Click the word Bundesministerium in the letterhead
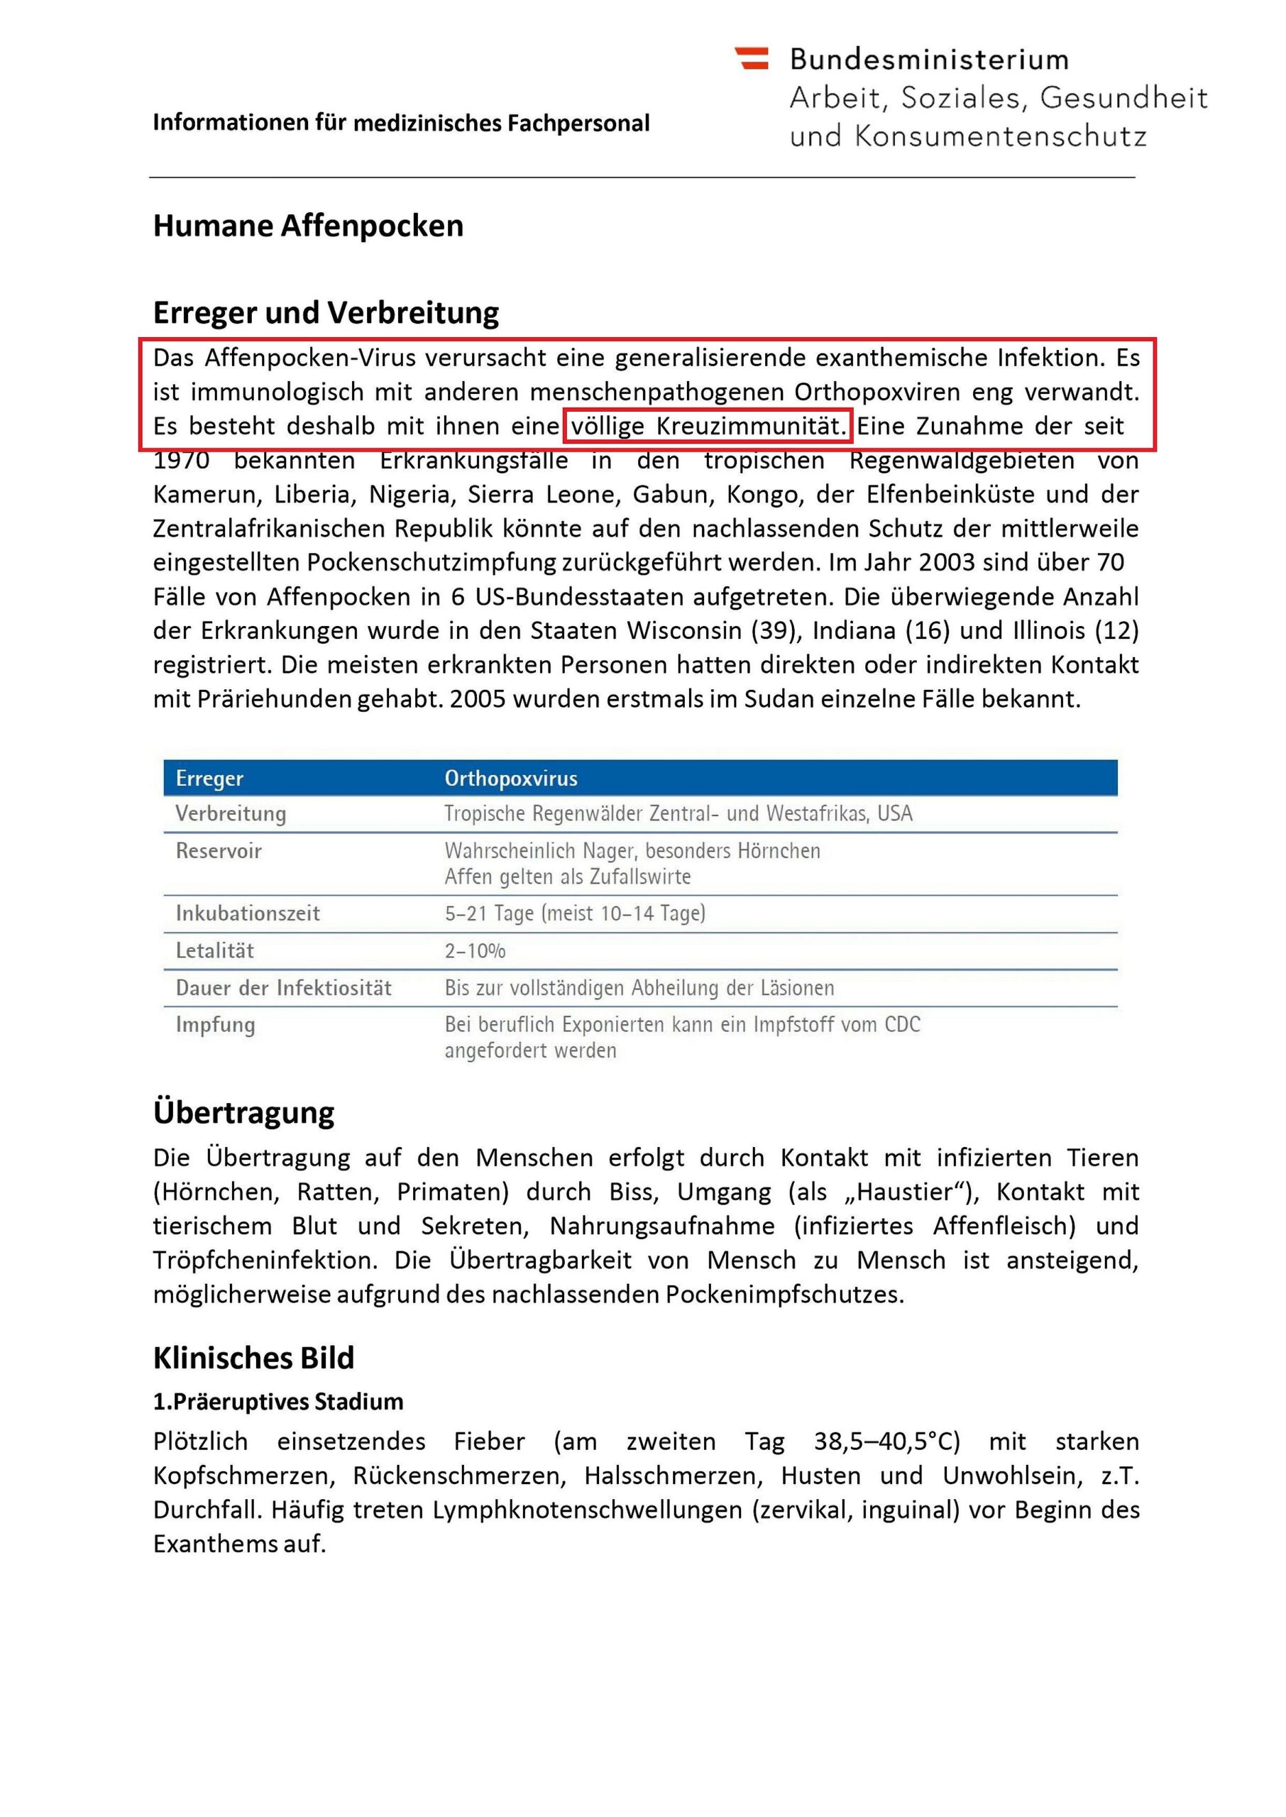[929, 60]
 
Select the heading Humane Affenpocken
[308, 226]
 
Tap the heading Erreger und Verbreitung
[326, 313]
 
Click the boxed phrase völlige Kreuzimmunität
[708, 426]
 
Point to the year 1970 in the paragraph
[182, 460]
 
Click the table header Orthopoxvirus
[511, 779]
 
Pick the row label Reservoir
[219, 850]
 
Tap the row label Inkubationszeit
[248, 913]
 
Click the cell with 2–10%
[475, 950]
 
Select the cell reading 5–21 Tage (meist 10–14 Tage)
[575, 913]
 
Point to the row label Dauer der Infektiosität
[283, 987]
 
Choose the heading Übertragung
[244, 1112]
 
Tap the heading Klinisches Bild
[253, 1358]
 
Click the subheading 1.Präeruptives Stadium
[278, 1401]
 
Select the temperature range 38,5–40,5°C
[884, 1441]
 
